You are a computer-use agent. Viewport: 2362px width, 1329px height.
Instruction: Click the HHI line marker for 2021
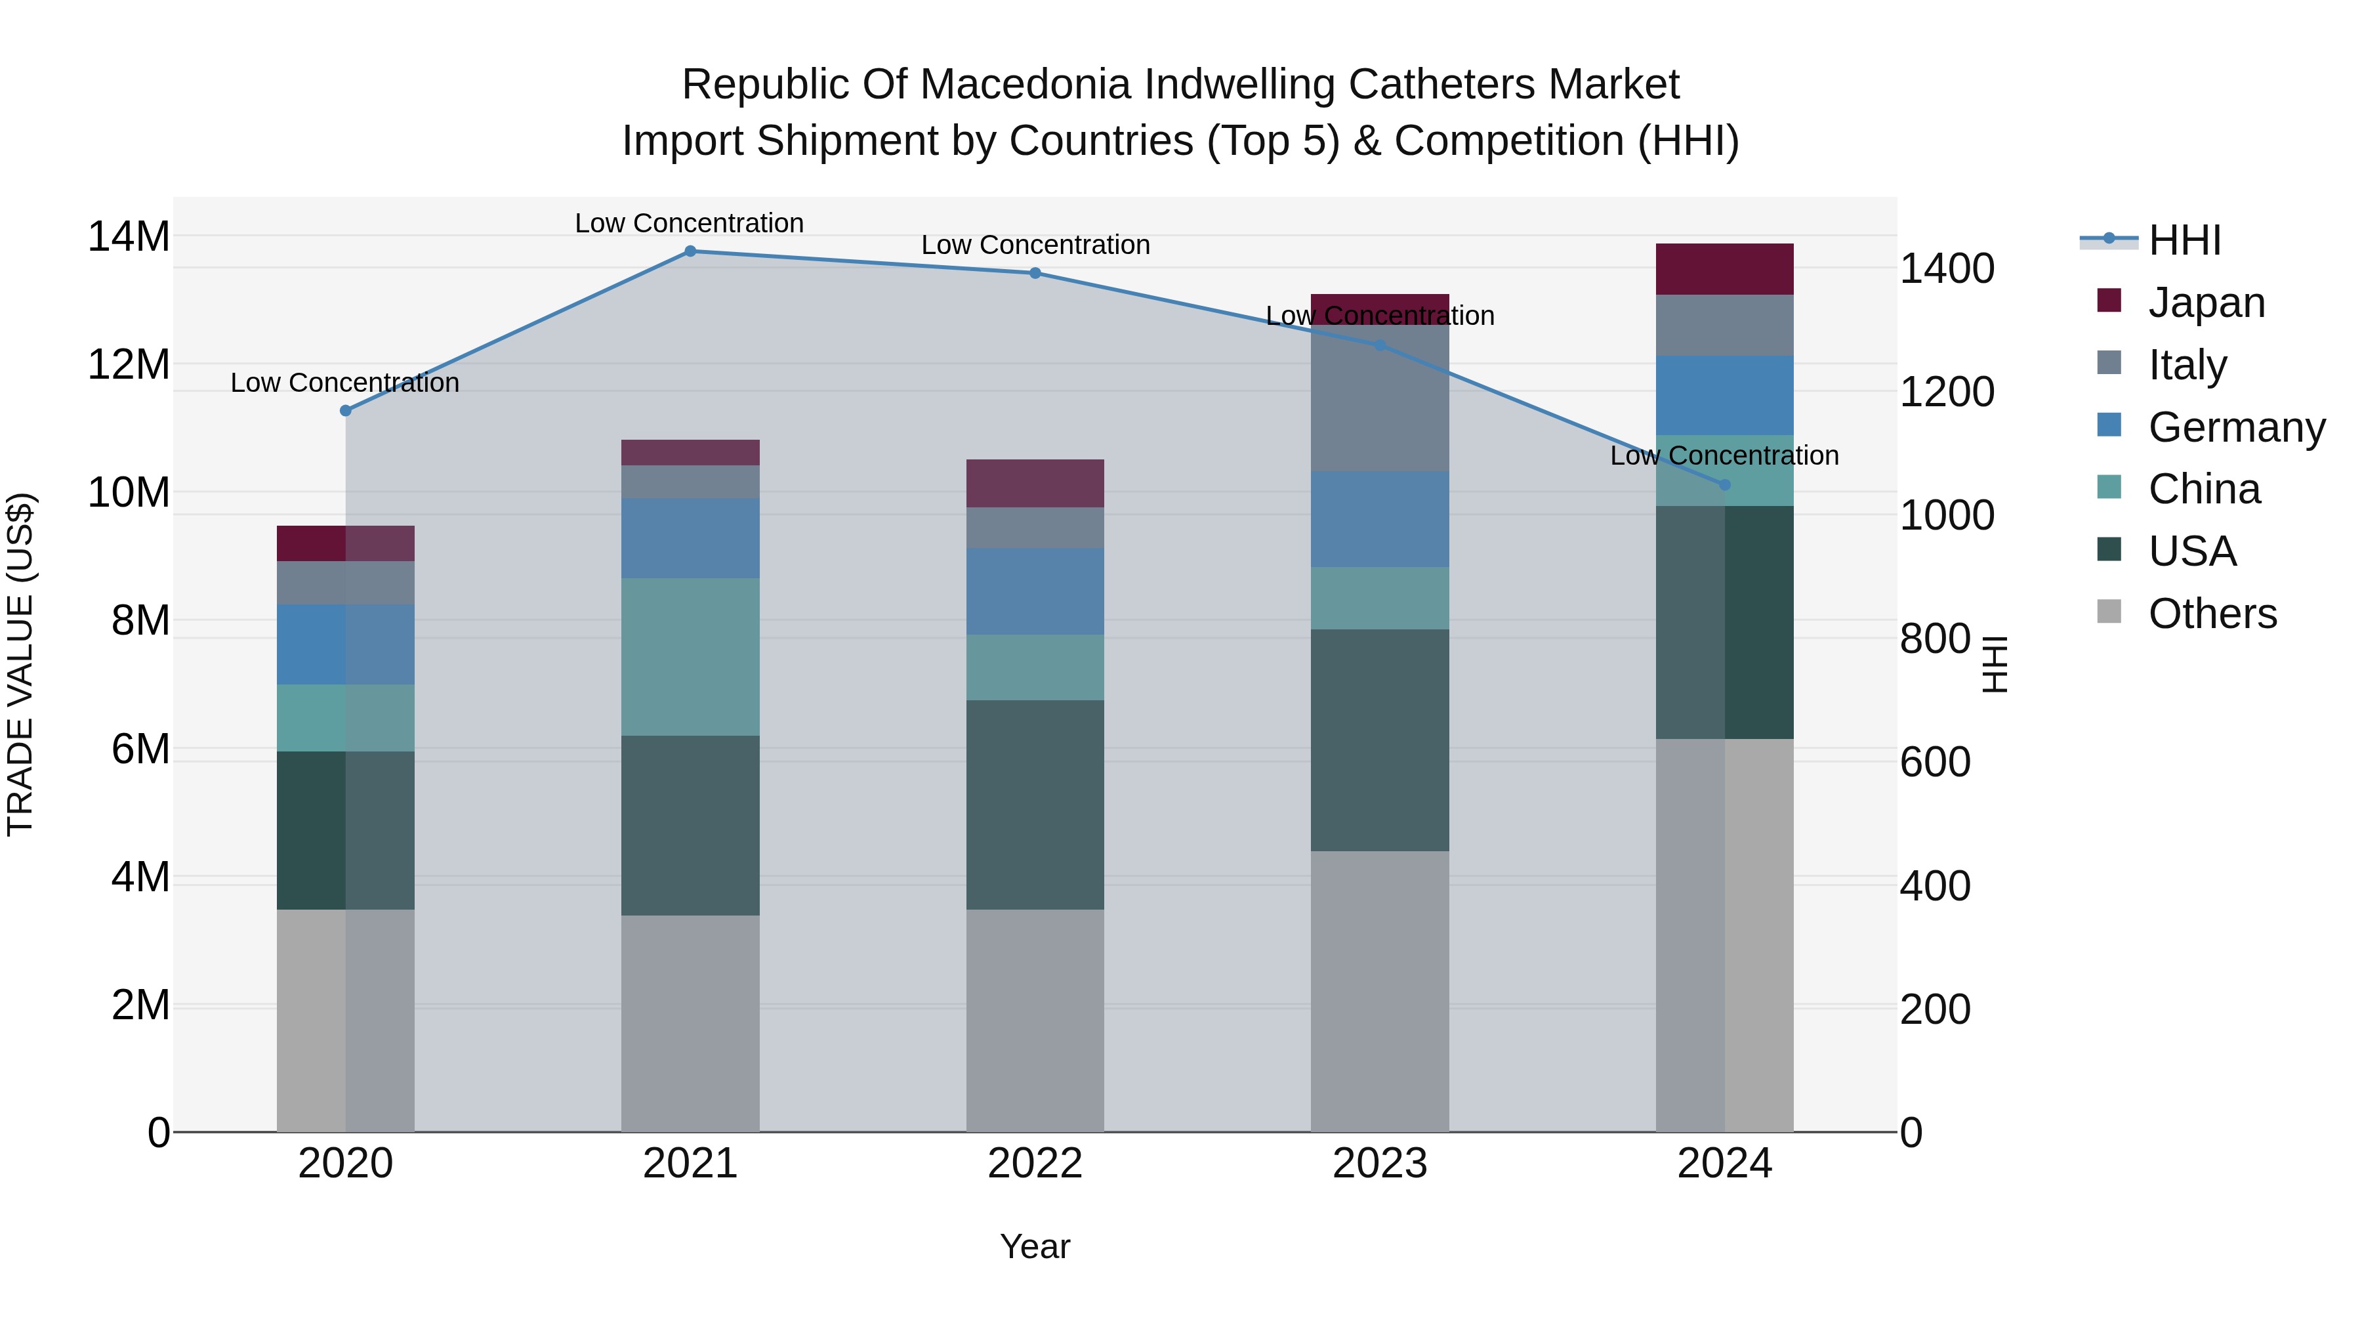point(690,251)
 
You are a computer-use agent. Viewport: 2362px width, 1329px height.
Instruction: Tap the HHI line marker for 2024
point(1725,484)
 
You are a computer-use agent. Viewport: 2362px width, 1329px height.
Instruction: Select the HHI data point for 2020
point(346,411)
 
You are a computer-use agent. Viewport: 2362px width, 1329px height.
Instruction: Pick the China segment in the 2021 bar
point(690,657)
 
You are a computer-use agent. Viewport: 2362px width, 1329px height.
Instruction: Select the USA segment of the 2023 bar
point(1380,740)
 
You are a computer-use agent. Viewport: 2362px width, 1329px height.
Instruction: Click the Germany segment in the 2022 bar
point(1035,591)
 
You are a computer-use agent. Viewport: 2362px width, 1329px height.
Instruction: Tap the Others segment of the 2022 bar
point(1035,1020)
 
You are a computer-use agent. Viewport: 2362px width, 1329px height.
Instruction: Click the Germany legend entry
point(2237,427)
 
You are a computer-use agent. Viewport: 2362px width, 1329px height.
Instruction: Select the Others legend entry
point(2212,614)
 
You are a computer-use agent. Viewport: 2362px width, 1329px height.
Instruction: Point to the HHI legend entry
point(2184,240)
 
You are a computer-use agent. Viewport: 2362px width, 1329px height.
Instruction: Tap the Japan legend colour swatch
point(2109,301)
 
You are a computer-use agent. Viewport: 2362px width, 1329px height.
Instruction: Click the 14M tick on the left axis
point(129,237)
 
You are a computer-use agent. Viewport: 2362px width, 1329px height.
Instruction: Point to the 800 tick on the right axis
point(1935,639)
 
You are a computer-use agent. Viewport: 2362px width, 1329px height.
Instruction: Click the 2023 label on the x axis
point(1380,1164)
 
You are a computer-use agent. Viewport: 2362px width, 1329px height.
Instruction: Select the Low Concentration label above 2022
point(1035,245)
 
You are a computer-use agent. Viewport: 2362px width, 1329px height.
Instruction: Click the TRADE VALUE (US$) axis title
point(20,664)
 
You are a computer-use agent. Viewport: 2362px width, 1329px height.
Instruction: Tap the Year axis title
point(1035,1246)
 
